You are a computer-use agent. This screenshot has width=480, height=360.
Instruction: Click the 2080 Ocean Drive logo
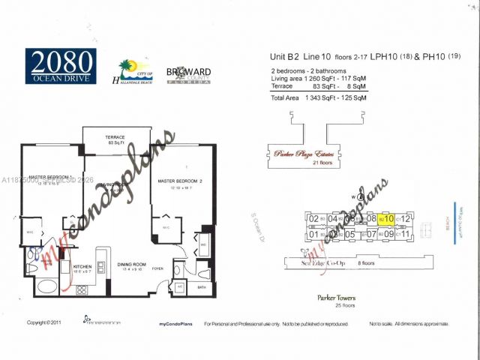[x=60, y=65]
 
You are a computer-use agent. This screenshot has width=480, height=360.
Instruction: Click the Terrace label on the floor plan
[x=115, y=138]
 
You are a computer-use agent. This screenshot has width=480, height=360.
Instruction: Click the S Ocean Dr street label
[x=257, y=223]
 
